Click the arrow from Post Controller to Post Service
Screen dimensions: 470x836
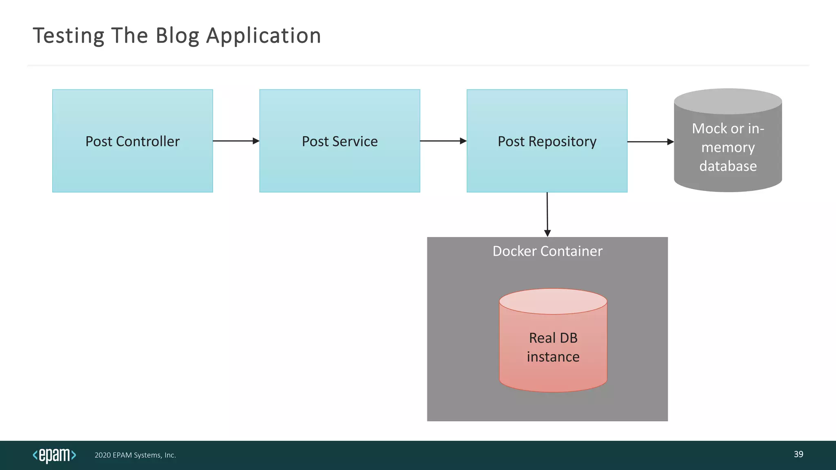pos(236,141)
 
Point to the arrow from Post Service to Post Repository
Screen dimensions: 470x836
pos(443,141)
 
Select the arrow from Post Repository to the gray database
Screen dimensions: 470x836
pos(650,142)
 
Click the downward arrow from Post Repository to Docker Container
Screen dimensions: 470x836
pos(547,214)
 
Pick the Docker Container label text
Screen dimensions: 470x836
pos(547,251)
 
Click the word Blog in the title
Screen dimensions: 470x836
pos(177,36)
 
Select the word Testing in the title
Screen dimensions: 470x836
pos(69,36)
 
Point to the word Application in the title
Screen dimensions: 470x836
pos(264,36)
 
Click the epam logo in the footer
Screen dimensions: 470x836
pos(54,455)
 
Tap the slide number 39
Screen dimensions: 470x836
pos(798,454)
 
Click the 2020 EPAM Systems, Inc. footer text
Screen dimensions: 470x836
pos(135,455)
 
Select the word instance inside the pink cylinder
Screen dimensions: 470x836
pos(553,357)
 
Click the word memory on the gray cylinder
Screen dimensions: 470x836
pos(728,147)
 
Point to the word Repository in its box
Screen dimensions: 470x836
pos(563,142)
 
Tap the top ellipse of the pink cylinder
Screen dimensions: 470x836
pos(553,302)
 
